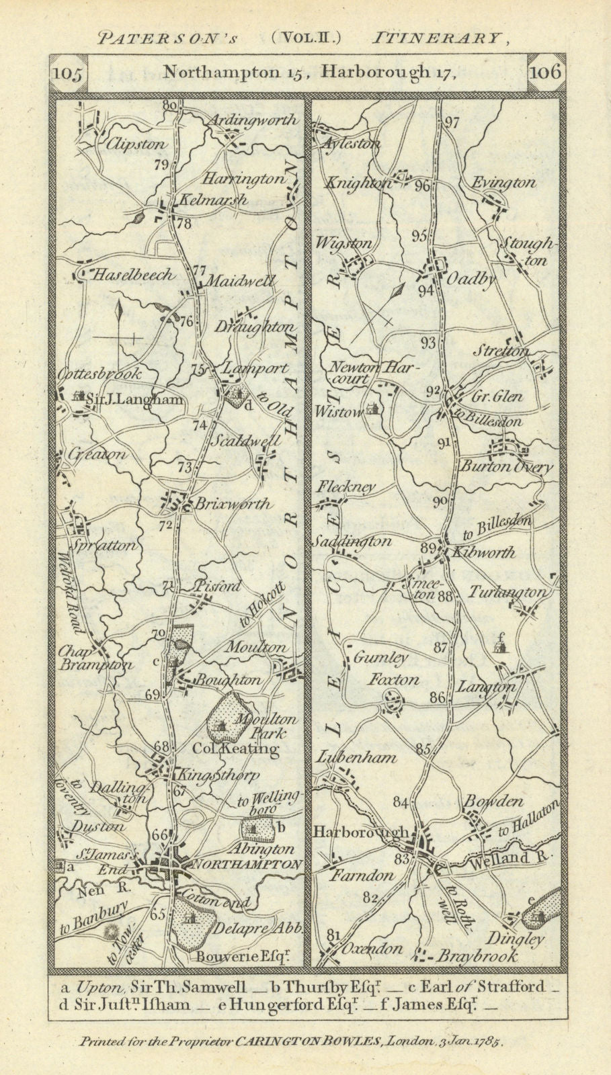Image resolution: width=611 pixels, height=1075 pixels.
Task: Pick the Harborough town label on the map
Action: click(360, 832)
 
